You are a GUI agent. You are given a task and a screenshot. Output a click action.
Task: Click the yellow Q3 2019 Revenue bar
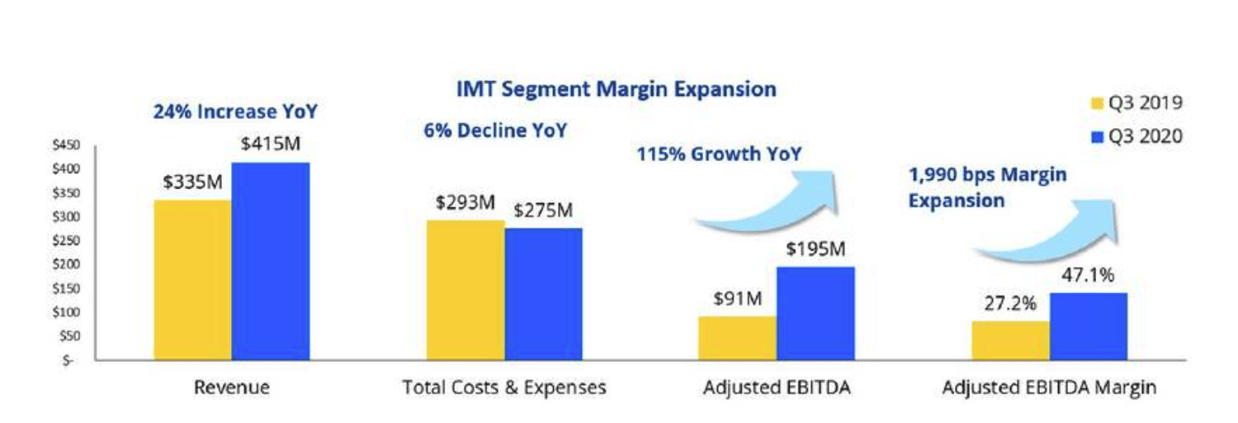[x=192, y=280]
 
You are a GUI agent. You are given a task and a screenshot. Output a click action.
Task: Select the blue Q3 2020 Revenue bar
[x=271, y=261]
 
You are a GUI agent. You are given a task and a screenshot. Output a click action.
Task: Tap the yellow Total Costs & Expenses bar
[x=465, y=290]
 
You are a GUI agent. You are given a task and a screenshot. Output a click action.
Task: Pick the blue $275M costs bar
[x=543, y=294]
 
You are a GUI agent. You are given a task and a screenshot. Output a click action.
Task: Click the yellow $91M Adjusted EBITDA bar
[x=737, y=338]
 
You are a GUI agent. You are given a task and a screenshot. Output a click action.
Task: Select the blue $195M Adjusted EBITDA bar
[x=815, y=313]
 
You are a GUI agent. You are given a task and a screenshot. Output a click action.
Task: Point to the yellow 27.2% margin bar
[x=1010, y=340]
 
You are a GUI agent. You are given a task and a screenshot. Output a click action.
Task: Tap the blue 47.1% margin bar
[x=1088, y=326]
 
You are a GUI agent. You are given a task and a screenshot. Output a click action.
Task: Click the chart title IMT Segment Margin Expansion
[x=616, y=89]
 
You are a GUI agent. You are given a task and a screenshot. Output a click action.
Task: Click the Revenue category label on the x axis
[x=231, y=387]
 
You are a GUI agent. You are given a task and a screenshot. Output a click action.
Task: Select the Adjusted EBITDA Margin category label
[x=1049, y=387]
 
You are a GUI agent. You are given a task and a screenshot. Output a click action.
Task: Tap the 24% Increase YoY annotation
[x=235, y=112]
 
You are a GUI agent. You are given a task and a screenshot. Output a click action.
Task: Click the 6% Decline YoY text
[x=495, y=131]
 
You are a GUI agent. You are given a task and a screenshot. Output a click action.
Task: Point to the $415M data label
[x=271, y=144]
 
